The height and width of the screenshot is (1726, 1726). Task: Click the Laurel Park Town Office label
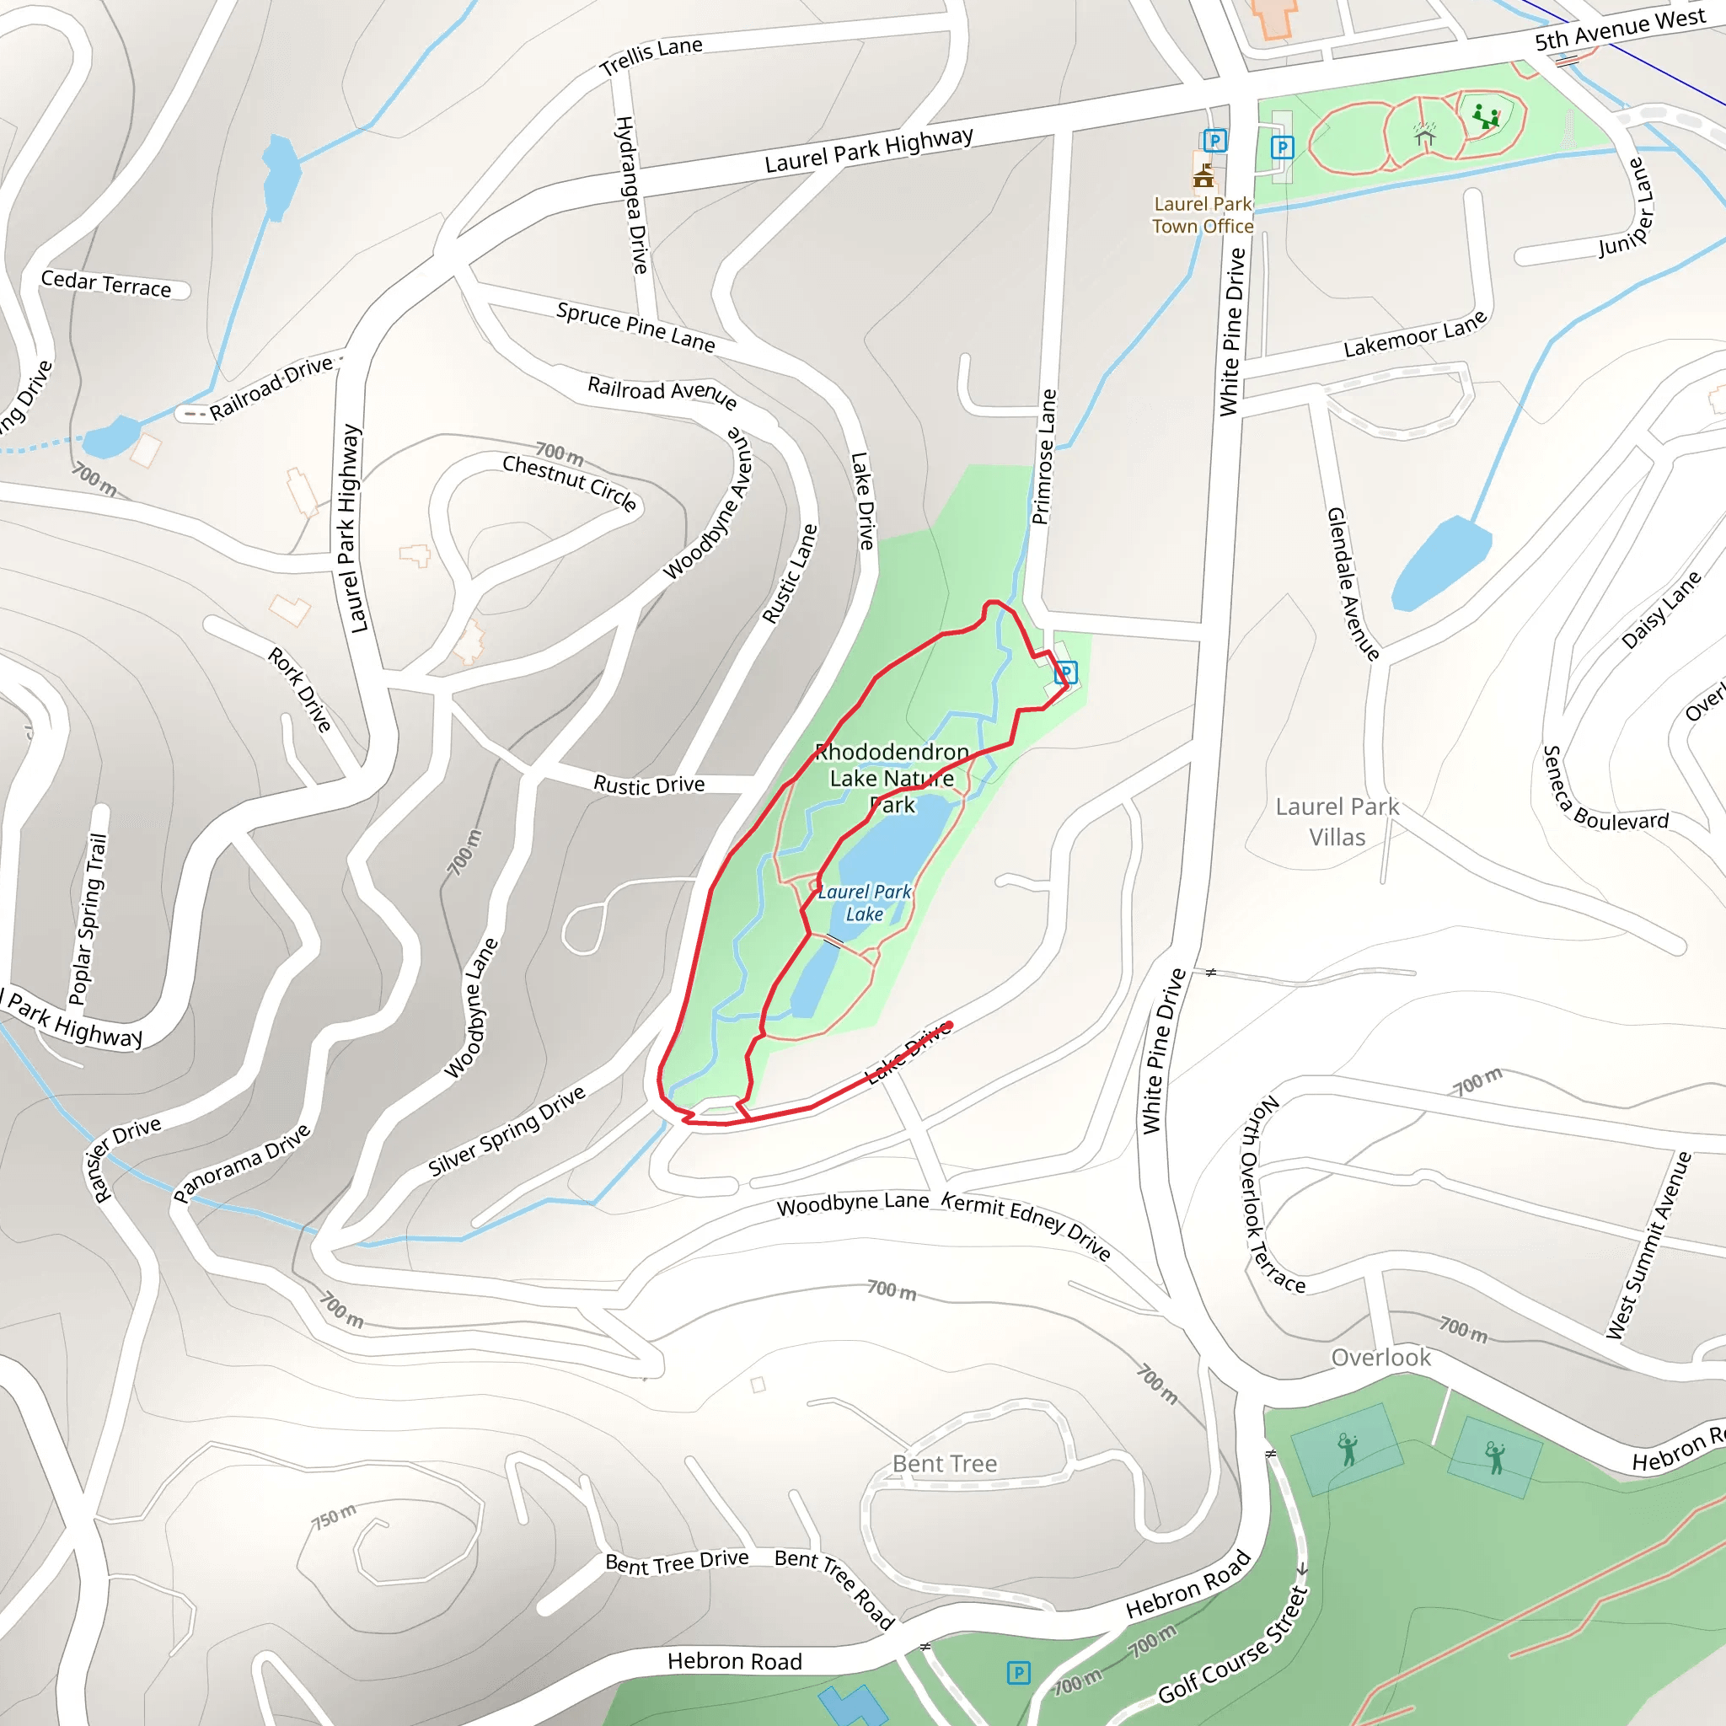[1202, 215]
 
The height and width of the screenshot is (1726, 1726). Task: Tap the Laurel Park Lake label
[864, 903]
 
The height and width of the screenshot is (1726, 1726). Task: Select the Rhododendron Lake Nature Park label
[892, 778]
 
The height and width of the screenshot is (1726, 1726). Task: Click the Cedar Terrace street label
[106, 284]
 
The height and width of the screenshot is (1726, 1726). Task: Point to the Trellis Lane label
[651, 57]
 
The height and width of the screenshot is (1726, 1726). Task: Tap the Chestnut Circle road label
[570, 483]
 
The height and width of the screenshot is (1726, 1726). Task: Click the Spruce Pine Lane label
[635, 327]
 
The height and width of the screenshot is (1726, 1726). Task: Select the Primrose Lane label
[1043, 457]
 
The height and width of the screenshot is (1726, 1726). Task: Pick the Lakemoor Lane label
[1415, 333]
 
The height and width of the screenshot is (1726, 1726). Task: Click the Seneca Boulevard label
[1604, 793]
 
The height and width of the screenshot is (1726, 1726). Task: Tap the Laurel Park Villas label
[1337, 822]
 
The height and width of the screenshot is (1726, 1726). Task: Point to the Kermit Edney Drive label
[1026, 1225]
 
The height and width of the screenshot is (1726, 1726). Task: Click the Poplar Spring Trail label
[88, 919]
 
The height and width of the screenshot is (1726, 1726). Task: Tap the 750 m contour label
[333, 1516]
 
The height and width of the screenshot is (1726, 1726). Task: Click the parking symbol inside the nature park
[1066, 672]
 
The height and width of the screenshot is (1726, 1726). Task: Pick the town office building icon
[1203, 174]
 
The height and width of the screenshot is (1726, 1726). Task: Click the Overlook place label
[1380, 1358]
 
